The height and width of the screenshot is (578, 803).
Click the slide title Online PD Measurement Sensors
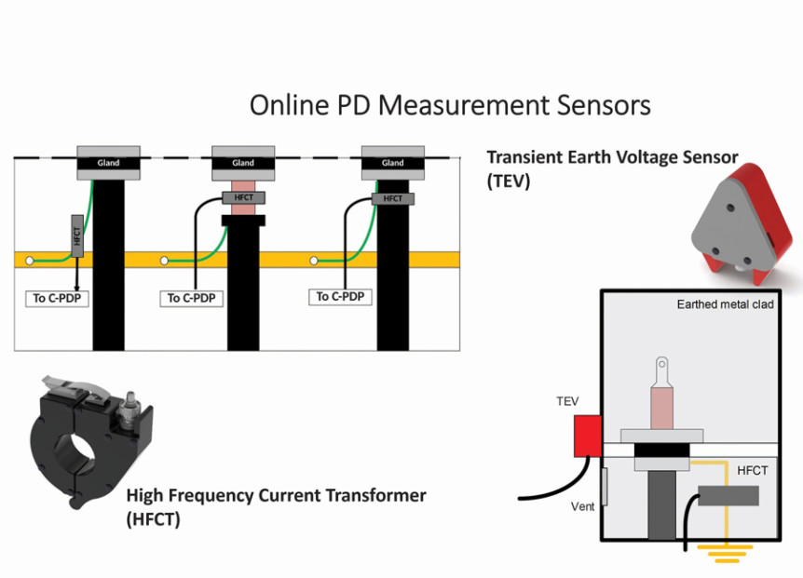(450, 105)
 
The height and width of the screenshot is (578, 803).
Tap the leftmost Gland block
(108, 162)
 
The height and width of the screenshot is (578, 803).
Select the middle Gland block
(243, 162)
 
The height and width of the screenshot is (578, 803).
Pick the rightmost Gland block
(392, 162)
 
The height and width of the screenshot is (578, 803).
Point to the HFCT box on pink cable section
(243, 197)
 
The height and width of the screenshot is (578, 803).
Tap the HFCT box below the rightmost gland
(392, 198)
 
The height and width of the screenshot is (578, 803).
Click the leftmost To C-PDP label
(56, 299)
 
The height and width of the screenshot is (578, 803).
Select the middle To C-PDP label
(192, 299)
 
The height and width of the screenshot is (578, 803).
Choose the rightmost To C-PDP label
(341, 297)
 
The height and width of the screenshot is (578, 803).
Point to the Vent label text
(583, 507)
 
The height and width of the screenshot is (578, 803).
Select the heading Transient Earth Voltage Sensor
(612, 157)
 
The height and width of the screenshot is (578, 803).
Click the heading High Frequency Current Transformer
(276, 495)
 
